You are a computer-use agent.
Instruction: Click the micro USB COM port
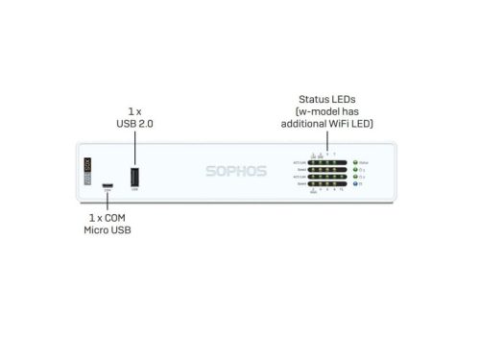coord(108,185)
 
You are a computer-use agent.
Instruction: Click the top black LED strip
coord(328,163)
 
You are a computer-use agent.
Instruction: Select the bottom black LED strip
coord(328,186)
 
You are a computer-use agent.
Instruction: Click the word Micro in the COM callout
coord(95,231)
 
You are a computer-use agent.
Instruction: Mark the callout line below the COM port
coord(108,202)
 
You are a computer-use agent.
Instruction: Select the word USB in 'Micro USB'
coord(121,231)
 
